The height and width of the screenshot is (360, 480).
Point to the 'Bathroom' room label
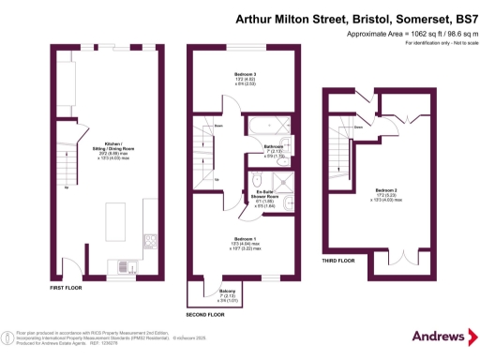coord(274,147)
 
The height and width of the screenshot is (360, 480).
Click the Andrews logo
coord(440,336)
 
